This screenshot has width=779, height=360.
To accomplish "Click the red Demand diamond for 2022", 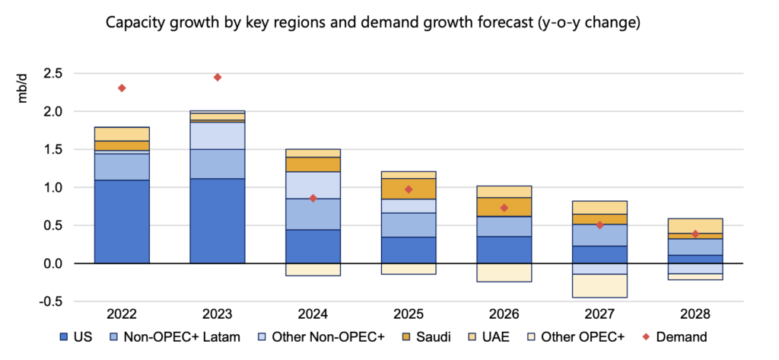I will click(x=122, y=88).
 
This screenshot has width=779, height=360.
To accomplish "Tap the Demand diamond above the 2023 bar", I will click(x=218, y=77).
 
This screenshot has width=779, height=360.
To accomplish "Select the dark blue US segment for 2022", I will click(x=122, y=221).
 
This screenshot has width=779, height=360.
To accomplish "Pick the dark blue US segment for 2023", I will click(x=218, y=221).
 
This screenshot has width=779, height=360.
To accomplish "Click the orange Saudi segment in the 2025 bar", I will click(x=409, y=188).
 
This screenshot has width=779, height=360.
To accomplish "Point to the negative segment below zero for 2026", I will click(x=504, y=272).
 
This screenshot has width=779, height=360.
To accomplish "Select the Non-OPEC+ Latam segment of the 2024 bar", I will click(x=313, y=214).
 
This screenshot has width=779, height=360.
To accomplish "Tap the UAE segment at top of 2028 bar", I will click(x=695, y=225).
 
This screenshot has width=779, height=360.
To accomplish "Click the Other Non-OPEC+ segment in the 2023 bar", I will click(x=218, y=135).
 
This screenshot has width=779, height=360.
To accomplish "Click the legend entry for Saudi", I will click(x=448, y=337).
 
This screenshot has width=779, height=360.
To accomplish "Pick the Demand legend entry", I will click(x=677, y=337).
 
